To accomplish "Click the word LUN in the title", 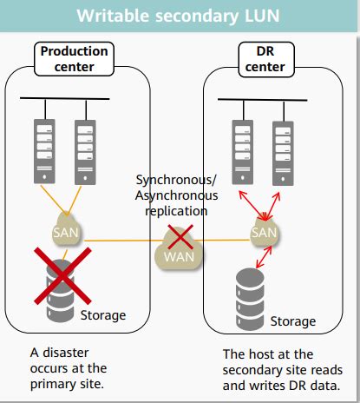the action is point(262,16).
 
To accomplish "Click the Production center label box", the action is point(75,59).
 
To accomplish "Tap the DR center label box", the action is point(266,59).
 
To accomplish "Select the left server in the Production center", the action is point(44,151).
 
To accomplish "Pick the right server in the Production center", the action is point(85,152).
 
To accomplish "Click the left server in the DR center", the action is point(243,152).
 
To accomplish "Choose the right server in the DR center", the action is point(283,154).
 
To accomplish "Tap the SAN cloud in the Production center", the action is point(67,231).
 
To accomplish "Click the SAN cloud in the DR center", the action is point(265,232).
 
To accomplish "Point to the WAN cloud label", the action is point(179,257).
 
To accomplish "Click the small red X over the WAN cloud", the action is point(180,237).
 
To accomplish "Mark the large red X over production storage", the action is point(62,275).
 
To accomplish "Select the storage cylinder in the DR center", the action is point(250,299).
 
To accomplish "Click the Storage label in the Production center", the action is point(103,315).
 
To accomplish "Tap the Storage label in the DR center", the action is point(293,321).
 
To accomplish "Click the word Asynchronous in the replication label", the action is point(176,195).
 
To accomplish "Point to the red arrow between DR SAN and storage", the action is point(264,257).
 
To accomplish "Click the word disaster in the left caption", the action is point(66,353).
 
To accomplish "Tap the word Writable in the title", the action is point(113,16).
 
